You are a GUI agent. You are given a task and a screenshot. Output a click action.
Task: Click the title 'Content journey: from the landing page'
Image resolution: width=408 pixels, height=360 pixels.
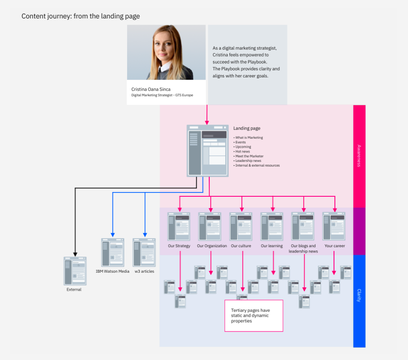coord(81,16)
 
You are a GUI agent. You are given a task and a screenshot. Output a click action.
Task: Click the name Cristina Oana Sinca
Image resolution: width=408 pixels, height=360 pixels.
coord(151,89)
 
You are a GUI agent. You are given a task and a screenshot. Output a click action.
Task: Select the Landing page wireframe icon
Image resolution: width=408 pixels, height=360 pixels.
coord(207,151)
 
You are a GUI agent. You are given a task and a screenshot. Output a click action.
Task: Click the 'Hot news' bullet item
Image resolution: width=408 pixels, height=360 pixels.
coord(242,151)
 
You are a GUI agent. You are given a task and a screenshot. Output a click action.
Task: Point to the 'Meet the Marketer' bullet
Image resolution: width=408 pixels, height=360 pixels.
coord(249,156)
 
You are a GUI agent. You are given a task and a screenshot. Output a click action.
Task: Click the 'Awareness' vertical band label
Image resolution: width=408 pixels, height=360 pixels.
coord(359,156)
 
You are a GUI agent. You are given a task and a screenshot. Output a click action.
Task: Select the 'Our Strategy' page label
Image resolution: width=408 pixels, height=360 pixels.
coord(179,246)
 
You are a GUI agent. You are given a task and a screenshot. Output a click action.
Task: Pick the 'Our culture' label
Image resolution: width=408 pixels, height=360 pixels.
coord(241,246)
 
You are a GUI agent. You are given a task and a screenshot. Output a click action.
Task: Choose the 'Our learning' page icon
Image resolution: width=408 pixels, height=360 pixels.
coord(272,226)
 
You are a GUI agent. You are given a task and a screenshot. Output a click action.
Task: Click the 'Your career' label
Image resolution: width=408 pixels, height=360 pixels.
coord(335,246)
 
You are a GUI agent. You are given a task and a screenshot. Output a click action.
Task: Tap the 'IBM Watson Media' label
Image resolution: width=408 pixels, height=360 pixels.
coord(112,271)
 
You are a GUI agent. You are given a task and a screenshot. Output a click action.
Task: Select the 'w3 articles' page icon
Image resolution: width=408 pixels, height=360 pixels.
coord(144,252)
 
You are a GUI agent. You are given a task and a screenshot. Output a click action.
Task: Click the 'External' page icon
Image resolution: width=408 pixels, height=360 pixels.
coord(74,271)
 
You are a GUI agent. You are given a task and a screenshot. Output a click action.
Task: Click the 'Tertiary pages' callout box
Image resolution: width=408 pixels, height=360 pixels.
coord(253,315)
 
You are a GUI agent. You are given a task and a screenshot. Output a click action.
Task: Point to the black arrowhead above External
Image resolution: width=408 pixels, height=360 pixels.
coord(74,254)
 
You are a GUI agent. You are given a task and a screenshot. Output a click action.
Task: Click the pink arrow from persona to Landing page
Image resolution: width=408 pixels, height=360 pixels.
coord(207,114)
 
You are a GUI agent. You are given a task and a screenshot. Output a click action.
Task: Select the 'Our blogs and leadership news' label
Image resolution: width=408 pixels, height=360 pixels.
coord(303,249)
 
